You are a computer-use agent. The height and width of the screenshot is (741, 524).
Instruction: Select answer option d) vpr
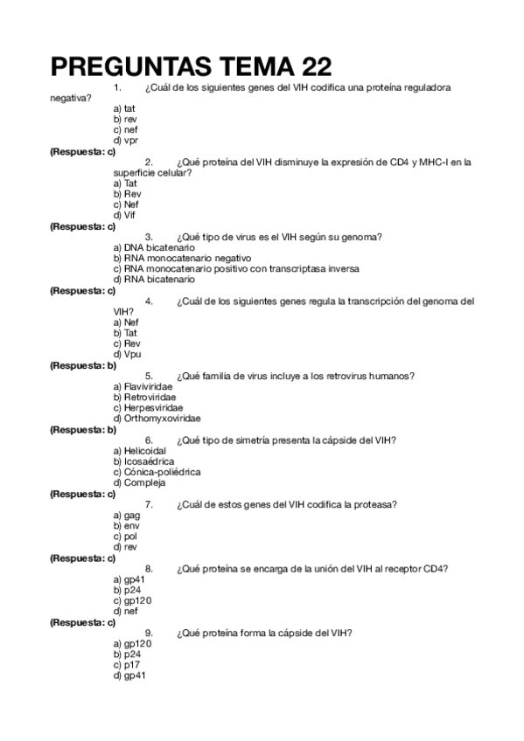click(x=125, y=140)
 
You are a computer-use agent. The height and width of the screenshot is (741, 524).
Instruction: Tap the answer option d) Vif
click(x=125, y=215)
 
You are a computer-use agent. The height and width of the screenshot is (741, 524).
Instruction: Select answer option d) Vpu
click(x=127, y=354)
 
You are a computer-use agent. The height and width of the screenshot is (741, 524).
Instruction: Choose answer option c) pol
click(x=126, y=537)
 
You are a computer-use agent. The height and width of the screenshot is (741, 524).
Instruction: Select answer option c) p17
click(x=126, y=664)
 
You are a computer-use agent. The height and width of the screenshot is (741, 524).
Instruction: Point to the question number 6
click(x=149, y=440)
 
